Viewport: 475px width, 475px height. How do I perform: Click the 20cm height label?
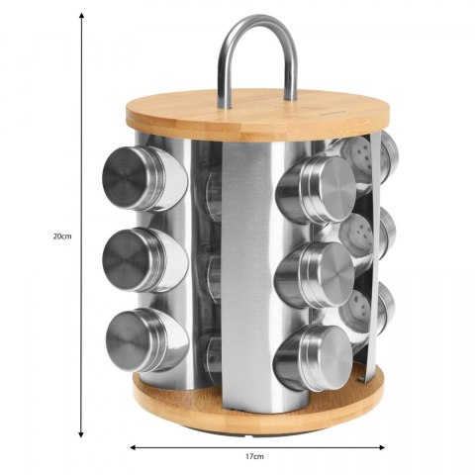click(x=62, y=237)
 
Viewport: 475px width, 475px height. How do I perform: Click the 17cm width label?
click(x=254, y=456)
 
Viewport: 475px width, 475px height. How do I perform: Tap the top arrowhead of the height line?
click(x=81, y=16)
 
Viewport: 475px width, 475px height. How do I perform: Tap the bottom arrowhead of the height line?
click(x=81, y=434)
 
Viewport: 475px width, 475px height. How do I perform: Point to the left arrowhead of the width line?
click(x=134, y=447)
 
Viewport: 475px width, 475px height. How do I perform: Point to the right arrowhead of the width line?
click(x=382, y=447)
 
